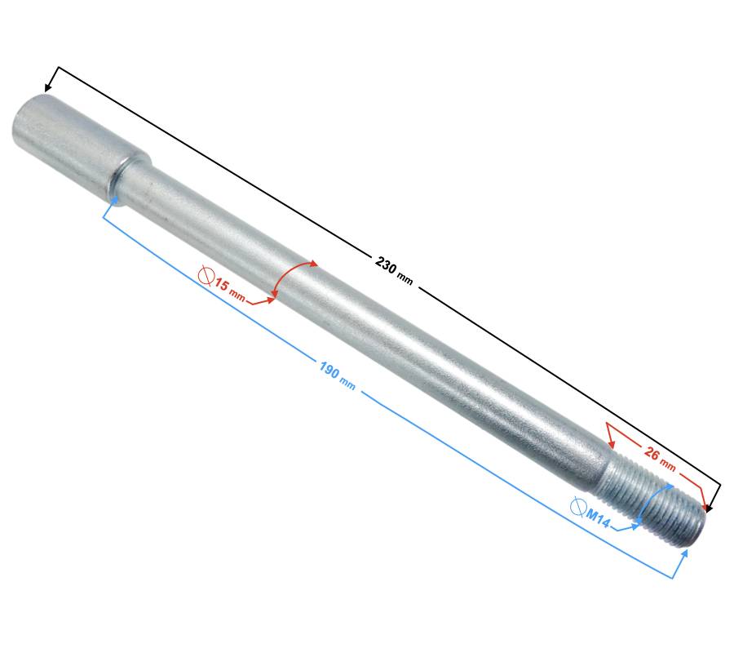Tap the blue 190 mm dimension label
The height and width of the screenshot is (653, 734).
pyautogui.click(x=338, y=375)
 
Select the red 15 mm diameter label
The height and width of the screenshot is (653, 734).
pyautogui.click(x=229, y=291)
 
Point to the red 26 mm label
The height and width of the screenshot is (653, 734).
pyautogui.click(x=660, y=459)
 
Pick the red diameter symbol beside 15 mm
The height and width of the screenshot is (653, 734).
pyautogui.click(x=206, y=276)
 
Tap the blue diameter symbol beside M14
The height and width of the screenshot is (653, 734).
pyautogui.click(x=578, y=506)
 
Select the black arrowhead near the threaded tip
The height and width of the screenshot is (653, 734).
pyautogui.click(x=710, y=508)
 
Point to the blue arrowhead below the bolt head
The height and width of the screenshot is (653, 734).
pyautogui.click(x=114, y=199)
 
